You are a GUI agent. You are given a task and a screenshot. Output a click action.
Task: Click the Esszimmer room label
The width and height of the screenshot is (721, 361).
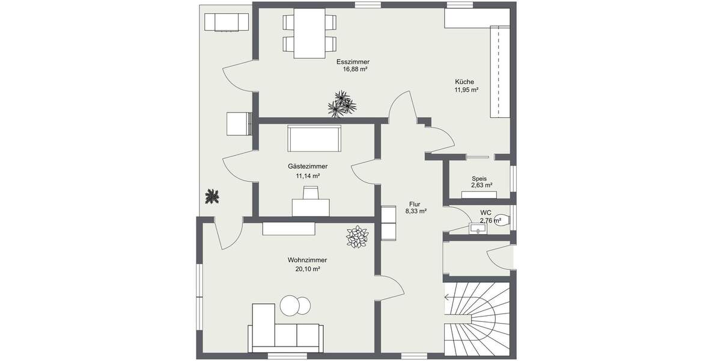pyautogui.click(x=353, y=61)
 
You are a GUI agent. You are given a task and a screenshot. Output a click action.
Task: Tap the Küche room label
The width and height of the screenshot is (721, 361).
pyautogui.click(x=464, y=82)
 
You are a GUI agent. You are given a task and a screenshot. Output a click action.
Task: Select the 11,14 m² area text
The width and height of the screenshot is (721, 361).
pyautogui.click(x=307, y=176)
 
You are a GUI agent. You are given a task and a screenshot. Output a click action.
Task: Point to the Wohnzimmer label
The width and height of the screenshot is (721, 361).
pyautogui.click(x=307, y=260)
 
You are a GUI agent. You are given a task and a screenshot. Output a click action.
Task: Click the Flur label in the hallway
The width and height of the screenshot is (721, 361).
pyautogui.click(x=415, y=203)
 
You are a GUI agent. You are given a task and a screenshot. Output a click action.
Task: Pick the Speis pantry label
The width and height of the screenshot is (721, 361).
pyautogui.click(x=479, y=179)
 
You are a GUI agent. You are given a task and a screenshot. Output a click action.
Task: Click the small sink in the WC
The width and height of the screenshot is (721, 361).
pyautogui.click(x=478, y=228)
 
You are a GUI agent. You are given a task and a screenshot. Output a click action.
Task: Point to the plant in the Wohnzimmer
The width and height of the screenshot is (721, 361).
pyautogui.click(x=357, y=236)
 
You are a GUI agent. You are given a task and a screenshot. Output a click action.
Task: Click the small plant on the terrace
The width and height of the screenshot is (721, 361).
pyautogui.click(x=211, y=196)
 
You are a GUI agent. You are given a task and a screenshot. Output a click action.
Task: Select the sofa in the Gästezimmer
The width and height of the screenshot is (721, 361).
pyautogui.click(x=315, y=139)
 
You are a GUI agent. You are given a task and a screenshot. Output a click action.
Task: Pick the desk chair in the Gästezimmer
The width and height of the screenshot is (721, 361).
pyautogui.click(x=311, y=193)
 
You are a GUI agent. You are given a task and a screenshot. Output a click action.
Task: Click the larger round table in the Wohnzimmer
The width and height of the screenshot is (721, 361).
pyautogui.click(x=291, y=306)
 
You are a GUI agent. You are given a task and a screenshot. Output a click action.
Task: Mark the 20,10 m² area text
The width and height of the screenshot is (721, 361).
pyautogui.click(x=307, y=269)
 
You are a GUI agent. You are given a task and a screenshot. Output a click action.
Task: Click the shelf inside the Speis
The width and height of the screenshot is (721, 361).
pyautogui.click(x=479, y=194)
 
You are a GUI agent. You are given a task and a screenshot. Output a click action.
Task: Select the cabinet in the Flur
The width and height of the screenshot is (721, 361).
pyautogui.click(x=389, y=222)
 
